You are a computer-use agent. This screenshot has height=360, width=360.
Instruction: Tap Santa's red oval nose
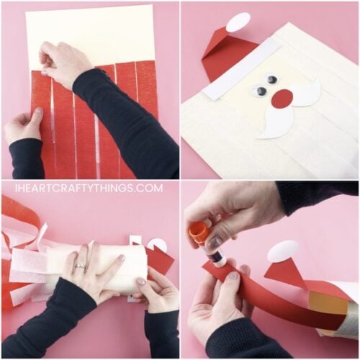click(282, 99)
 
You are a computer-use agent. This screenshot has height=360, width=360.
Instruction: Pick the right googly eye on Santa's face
click(271, 80)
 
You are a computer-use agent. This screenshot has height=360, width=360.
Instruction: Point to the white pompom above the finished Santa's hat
click(238, 22)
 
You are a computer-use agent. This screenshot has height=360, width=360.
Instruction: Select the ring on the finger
click(81, 267)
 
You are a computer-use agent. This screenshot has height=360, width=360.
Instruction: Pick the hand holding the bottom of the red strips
click(23, 124)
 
